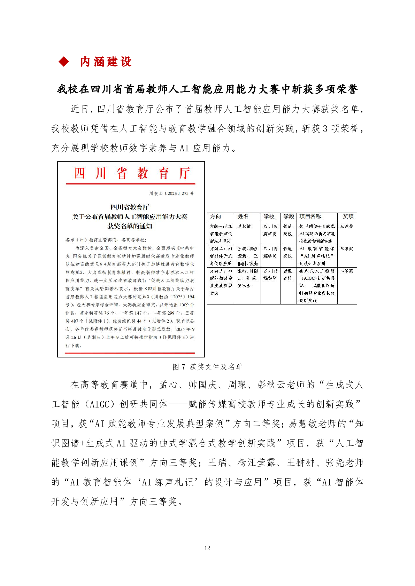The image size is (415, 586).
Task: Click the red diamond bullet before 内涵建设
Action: click(64, 62)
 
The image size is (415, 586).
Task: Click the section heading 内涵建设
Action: click(106, 62)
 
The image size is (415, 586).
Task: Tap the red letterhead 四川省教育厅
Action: click(132, 173)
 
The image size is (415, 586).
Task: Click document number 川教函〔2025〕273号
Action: click(171, 193)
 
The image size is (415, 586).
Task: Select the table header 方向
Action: click(216, 216)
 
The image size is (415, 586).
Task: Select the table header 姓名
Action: click(243, 216)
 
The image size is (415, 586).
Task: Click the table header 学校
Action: click(269, 216)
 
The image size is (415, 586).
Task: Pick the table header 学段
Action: click(289, 216)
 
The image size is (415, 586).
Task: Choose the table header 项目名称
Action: click(310, 216)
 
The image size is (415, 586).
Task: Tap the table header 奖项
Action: click(348, 216)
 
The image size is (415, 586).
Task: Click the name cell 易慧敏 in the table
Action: click(244, 227)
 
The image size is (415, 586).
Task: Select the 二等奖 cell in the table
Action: click(347, 271)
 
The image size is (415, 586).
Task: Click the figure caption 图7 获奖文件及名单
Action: click(207, 367)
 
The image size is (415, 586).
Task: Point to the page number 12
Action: click(207, 548)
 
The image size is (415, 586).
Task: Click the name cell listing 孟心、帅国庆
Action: click(248, 278)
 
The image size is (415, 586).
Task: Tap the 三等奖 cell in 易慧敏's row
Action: click(347, 227)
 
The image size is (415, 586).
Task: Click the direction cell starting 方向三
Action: click(221, 282)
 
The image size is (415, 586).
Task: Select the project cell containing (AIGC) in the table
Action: click(317, 285)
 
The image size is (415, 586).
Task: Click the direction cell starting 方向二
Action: click(221, 256)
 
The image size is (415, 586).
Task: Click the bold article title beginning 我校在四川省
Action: click(207, 89)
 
